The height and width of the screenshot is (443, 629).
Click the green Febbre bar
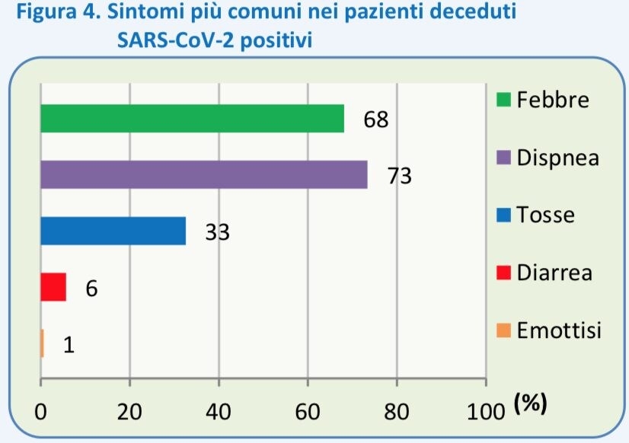coord(192,118)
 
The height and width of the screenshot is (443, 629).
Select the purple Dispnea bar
coord(204,174)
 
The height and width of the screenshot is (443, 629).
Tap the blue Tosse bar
coord(113,231)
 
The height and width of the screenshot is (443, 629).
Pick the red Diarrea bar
coord(53,287)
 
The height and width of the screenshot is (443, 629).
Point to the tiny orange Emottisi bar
coord(43,343)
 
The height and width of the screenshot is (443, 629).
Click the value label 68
coord(376,120)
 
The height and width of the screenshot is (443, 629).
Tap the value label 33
coord(217,233)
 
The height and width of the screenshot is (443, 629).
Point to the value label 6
coord(91,289)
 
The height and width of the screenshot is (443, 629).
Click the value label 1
coord(69,346)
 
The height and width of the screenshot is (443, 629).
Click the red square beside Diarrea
coord(503,273)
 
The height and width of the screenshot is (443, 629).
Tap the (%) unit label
coord(531,405)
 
